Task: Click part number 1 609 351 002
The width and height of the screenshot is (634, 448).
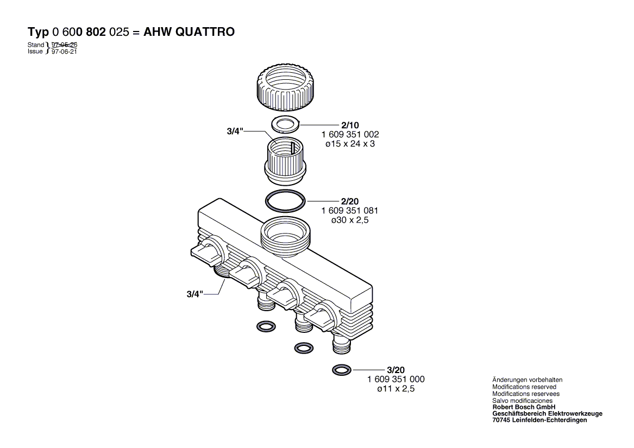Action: point(350,134)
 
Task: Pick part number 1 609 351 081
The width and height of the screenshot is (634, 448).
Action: point(350,210)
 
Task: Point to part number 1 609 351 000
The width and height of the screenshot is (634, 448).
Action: point(396,379)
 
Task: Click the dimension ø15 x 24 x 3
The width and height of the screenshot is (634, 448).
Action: point(350,144)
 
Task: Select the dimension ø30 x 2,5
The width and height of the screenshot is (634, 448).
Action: point(350,220)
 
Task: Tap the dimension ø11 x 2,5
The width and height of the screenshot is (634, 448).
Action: point(396,389)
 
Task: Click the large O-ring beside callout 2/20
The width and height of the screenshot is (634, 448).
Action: point(285,201)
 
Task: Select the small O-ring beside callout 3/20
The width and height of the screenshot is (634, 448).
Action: point(341,370)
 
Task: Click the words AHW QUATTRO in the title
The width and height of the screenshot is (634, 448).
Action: point(189,32)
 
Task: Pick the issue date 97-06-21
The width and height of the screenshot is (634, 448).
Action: point(64,52)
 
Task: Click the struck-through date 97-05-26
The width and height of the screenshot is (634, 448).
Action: point(64,45)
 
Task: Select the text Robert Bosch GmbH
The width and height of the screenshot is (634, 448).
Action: point(523,407)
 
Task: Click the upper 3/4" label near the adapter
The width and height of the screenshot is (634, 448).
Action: point(235,131)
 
